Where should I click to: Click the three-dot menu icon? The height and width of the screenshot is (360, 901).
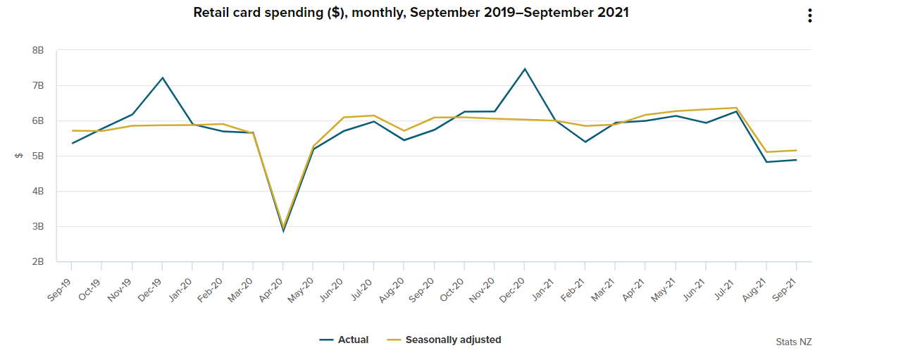coord(810,15)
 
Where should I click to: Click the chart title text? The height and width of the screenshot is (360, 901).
coord(411,13)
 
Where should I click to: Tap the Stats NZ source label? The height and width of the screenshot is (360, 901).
coord(793,342)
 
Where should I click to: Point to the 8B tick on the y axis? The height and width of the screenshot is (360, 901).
coord(38,51)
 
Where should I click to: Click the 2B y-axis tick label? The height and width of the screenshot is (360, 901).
coord(38,262)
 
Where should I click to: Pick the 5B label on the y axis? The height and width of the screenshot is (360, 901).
coord(38,156)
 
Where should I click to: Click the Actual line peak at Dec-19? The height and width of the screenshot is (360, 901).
coord(163,77)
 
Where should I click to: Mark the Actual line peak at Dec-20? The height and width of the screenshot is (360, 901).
coord(525,68)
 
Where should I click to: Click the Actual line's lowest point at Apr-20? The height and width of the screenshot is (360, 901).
coord(283,231)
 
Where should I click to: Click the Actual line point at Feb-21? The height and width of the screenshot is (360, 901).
coord(585,142)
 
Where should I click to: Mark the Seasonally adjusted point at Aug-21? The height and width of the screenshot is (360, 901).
coord(766,152)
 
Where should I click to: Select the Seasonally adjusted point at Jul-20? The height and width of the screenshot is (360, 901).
coord(374,116)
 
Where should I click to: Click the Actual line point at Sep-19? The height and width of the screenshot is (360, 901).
coord(72,143)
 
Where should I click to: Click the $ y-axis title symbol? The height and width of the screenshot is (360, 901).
coord(18,156)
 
